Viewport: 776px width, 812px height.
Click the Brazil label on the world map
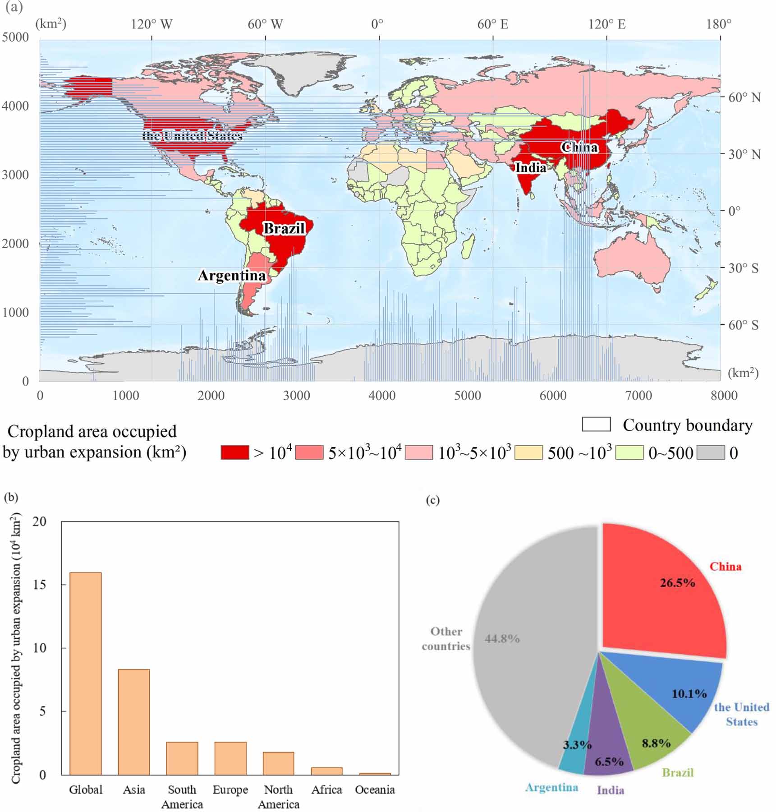click(284, 228)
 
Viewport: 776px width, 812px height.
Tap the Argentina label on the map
click(232, 275)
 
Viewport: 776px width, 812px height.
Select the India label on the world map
click(531, 167)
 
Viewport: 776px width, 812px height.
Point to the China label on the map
click(579, 147)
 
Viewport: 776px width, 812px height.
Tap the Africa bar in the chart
click(327, 771)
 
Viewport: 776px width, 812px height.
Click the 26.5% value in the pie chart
click(677, 583)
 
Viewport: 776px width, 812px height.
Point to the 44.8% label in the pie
click(502, 639)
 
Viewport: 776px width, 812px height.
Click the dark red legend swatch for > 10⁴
click(234, 452)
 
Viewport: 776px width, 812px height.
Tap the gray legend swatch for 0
click(711, 452)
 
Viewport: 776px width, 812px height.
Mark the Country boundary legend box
click(596, 424)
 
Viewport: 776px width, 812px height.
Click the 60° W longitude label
click(265, 24)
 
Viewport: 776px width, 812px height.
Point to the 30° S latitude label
click(744, 268)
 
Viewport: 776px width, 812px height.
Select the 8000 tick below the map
click(724, 396)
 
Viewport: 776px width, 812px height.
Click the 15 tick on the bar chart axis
click(40, 585)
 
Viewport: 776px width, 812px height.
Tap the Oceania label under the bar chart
click(375, 789)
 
